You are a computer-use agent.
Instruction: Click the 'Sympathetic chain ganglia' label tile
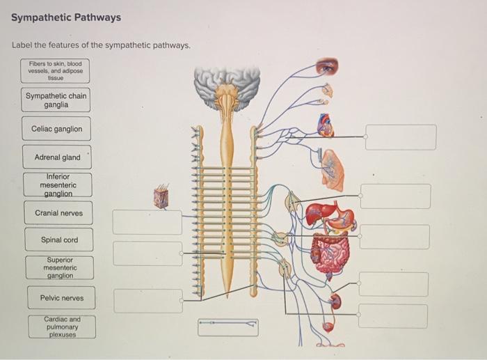pos(56,100)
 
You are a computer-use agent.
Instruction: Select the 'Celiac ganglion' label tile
pos(56,129)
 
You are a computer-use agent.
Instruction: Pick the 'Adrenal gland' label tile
pos(57,157)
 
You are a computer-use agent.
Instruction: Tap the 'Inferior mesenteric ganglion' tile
pos(58,185)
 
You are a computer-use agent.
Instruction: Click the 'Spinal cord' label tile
pos(59,240)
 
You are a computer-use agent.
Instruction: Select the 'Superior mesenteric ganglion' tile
pos(60,268)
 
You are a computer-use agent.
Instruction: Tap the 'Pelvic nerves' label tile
pos(61,298)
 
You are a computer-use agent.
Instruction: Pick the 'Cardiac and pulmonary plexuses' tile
pos(62,327)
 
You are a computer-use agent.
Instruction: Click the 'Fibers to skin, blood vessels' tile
pos(55,71)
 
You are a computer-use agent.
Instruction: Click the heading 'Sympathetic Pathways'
pos(66,17)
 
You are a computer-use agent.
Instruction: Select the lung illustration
pos(333,171)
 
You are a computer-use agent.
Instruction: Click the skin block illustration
pos(161,197)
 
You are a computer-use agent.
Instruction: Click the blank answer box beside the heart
pos(401,137)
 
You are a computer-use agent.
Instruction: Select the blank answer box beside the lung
pos(395,196)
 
